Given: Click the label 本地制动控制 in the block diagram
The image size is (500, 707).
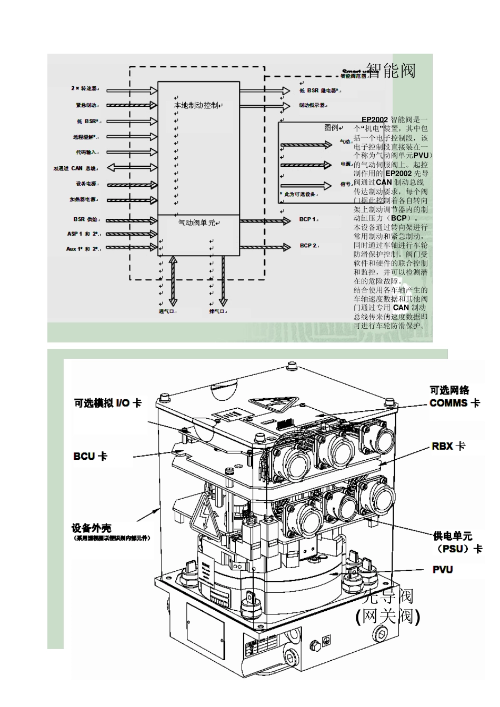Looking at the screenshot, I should (x=196, y=105).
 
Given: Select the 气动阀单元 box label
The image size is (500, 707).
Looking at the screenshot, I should (x=196, y=223).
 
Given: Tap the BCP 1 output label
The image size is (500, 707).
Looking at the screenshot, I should (x=308, y=219).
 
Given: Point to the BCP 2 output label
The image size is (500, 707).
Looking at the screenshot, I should (x=308, y=246).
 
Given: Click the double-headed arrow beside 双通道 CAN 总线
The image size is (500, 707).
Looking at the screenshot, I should (x=132, y=168).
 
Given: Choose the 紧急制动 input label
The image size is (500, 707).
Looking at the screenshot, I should (x=86, y=105).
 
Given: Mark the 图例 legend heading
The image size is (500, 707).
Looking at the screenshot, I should (x=331, y=128).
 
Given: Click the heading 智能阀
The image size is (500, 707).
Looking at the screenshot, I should (x=391, y=70).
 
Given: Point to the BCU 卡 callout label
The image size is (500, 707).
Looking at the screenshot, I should (x=90, y=456).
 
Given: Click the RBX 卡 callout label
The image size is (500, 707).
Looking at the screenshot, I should (x=448, y=446).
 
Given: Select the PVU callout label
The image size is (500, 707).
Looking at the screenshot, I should (x=442, y=570).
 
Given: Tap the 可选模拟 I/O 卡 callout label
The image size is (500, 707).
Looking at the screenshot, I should (x=107, y=403).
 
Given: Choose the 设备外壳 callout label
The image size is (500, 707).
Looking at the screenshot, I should (x=92, y=528).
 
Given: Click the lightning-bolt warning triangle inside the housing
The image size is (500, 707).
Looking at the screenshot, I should (x=205, y=518).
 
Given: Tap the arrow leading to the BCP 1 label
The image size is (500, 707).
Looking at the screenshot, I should (x=265, y=220).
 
